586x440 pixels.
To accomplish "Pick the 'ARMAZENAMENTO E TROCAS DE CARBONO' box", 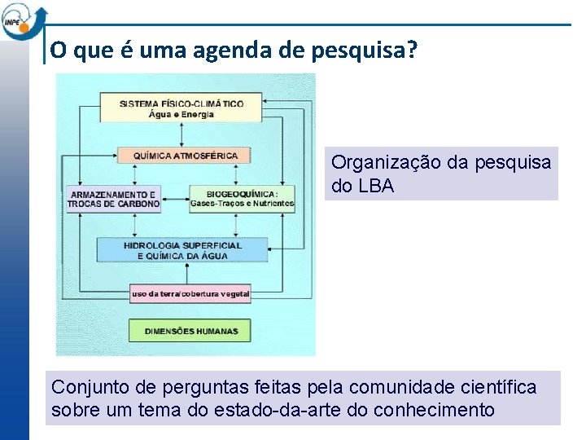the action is point(113,199).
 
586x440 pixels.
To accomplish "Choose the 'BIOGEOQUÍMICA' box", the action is point(242,199).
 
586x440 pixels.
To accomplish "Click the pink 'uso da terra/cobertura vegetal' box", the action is point(190,293).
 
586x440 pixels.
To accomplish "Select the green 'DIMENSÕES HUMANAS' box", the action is point(190,331).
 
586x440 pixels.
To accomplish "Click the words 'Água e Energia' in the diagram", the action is point(181,114).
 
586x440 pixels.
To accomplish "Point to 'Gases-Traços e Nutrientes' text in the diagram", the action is point(242,203).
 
